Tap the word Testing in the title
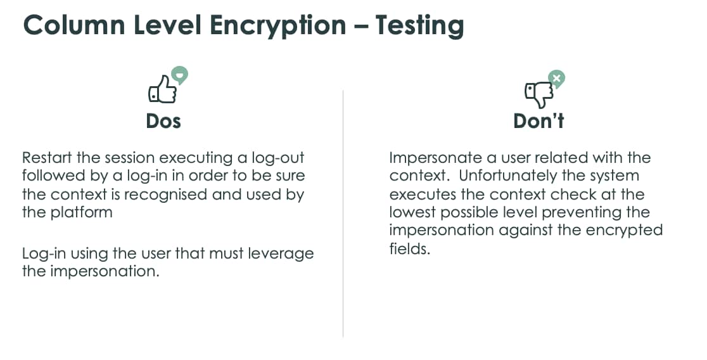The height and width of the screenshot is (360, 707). (x=419, y=25)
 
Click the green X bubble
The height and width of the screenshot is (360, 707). (x=556, y=79)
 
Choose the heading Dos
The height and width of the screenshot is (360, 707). (x=163, y=120)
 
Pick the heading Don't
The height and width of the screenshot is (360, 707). (x=538, y=120)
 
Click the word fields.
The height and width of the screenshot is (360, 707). (x=409, y=248)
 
